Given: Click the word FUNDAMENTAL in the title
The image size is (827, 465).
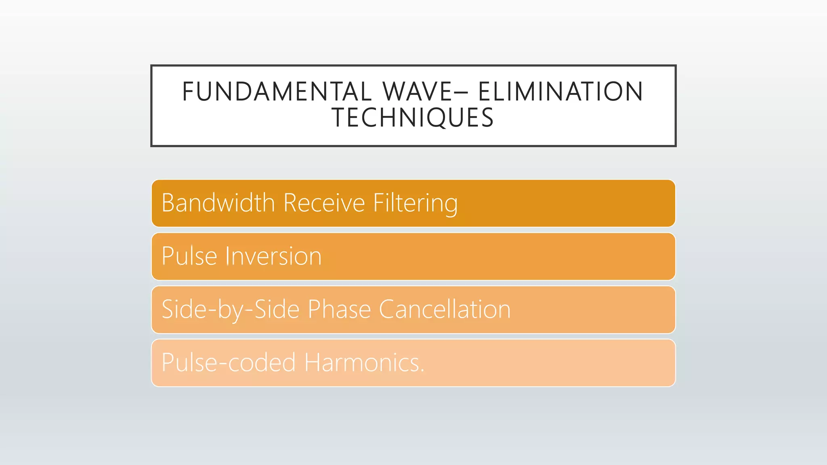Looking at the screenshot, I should pyautogui.click(x=277, y=92).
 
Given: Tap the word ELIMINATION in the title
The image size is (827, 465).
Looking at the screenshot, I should pyautogui.click(x=560, y=92).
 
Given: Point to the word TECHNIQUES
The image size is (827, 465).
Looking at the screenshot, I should pyautogui.click(x=413, y=118).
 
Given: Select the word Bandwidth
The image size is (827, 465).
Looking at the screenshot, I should pyautogui.click(x=218, y=203).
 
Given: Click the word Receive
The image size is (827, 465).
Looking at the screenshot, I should pyautogui.click(x=324, y=203).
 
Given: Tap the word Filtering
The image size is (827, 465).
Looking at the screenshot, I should pyautogui.click(x=415, y=203).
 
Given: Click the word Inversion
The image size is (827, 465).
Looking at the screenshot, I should pyautogui.click(x=273, y=256).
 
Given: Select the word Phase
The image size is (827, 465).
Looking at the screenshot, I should pyautogui.click(x=339, y=310).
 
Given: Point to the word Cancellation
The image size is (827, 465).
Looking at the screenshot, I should pyautogui.click(x=445, y=310).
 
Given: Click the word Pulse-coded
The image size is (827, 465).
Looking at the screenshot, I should pyautogui.click(x=229, y=362).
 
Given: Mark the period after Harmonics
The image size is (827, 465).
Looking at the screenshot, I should pyautogui.click(x=422, y=370).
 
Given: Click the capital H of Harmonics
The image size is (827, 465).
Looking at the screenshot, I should pyautogui.click(x=313, y=362).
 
